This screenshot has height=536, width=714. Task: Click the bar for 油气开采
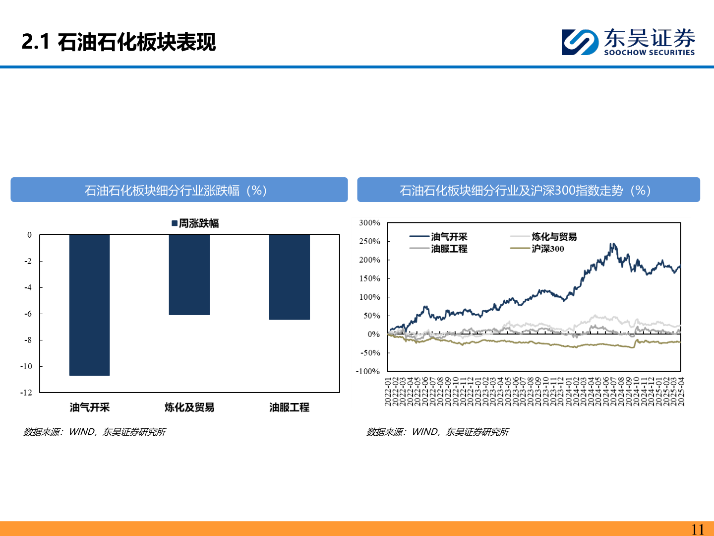[x=89, y=305]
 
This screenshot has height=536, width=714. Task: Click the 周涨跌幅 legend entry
[x=195, y=223]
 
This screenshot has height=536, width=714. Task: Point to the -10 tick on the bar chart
[x=26, y=366]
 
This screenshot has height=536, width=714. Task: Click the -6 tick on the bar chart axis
[x=29, y=314]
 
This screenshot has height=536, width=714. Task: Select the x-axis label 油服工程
[x=289, y=407]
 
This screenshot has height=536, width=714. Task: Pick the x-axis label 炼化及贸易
[x=189, y=407]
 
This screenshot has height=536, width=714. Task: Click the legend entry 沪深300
[x=547, y=249]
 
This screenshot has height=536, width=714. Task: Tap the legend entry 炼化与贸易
[x=554, y=237]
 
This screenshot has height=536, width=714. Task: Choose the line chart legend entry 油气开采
[x=449, y=237]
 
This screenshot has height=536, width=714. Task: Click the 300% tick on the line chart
[x=369, y=223]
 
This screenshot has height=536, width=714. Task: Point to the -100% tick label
[x=367, y=371]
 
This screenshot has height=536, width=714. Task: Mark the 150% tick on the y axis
[x=369, y=278]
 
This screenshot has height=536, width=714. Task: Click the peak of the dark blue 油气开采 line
[x=613, y=244]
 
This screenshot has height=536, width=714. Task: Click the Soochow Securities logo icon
[x=580, y=42]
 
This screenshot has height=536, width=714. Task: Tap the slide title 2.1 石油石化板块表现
[x=119, y=42]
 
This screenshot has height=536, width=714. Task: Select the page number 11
[x=697, y=529]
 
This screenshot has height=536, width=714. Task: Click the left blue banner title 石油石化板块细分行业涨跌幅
[x=176, y=190]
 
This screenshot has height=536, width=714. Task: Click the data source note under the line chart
[x=437, y=432]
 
